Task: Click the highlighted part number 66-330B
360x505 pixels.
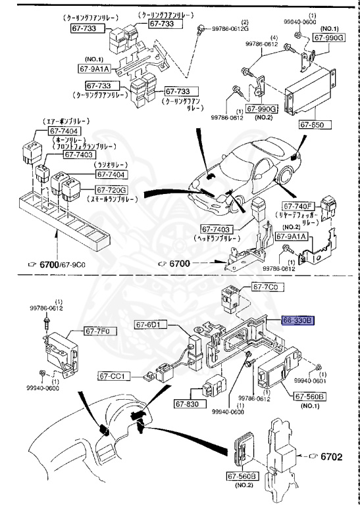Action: (299, 320)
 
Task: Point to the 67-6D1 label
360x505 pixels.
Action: (151, 324)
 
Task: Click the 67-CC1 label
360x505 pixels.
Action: (115, 376)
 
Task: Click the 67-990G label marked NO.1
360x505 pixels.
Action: (328, 39)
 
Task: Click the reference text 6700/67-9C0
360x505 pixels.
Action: (63, 264)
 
